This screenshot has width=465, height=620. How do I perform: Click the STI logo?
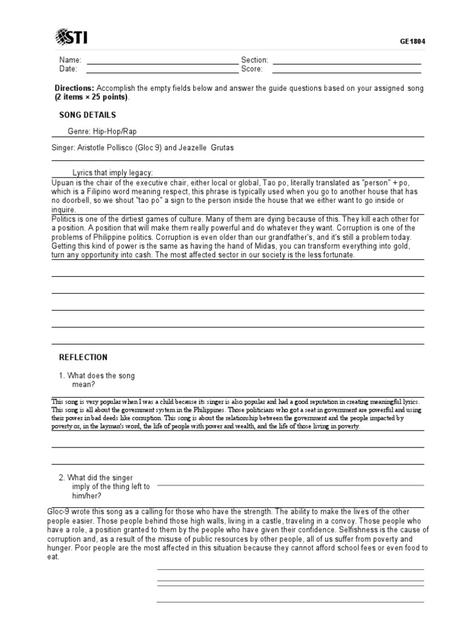tap(71, 37)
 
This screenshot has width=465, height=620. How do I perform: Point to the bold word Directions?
tap(74, 88)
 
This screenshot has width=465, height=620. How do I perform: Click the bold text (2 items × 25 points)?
tap(91, 97)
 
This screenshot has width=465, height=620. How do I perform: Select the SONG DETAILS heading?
tap(87, 115)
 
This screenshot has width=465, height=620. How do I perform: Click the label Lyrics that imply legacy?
tap(113, 173)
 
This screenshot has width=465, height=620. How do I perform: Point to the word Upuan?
tap(62, 182)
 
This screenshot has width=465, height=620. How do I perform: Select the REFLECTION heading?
tap(83, 357)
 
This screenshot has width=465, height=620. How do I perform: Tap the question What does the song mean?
tap(101, 380)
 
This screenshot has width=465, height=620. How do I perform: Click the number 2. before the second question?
tap(62, 478)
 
